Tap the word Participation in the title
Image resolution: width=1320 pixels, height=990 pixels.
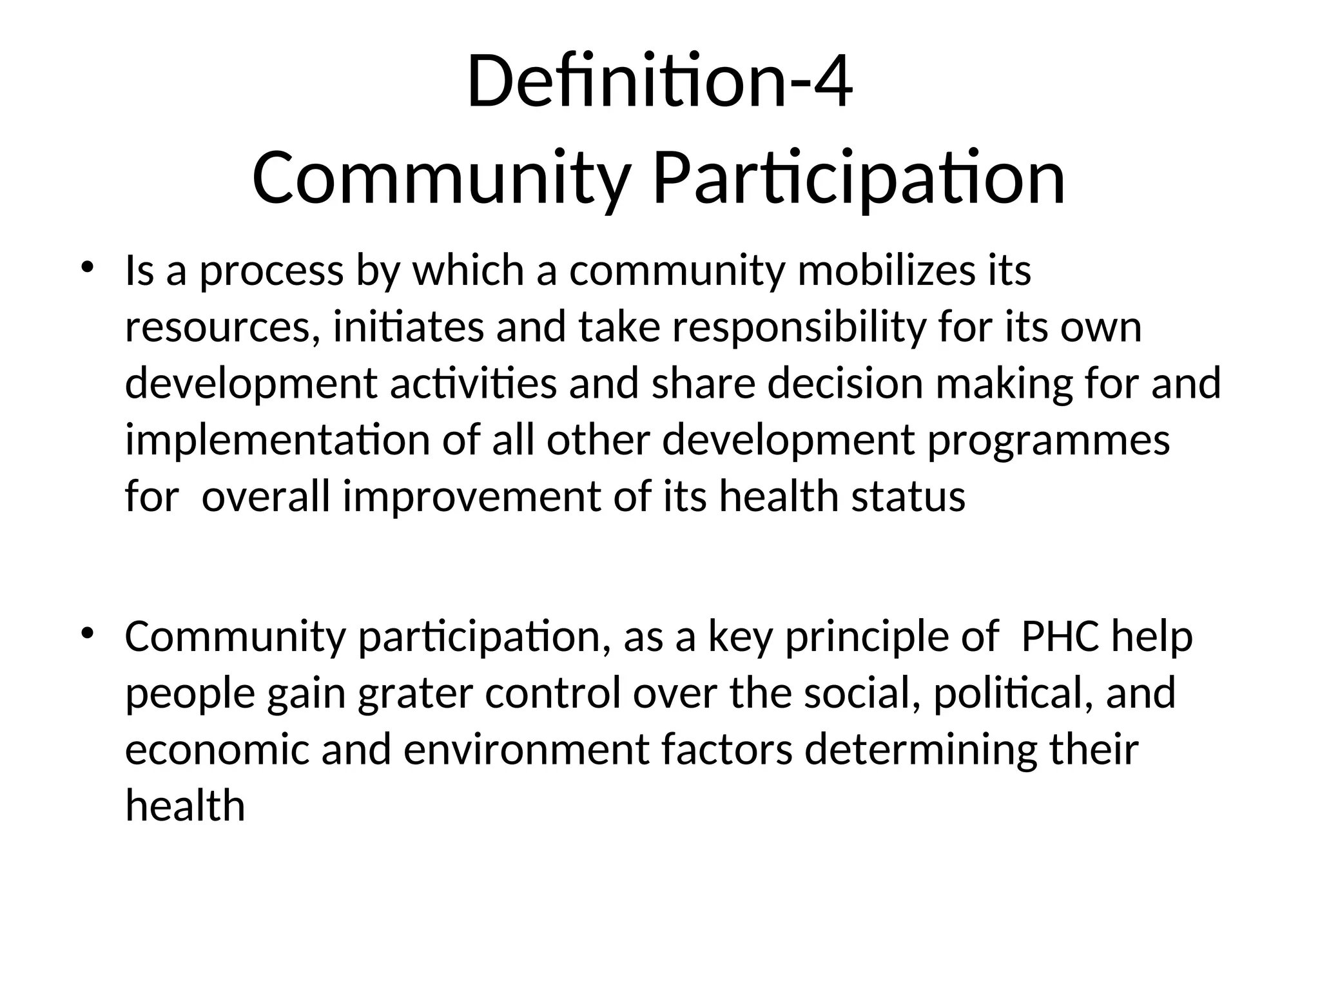859,179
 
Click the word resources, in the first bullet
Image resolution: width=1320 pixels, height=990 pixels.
222,327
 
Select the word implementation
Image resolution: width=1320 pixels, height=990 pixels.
278,441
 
